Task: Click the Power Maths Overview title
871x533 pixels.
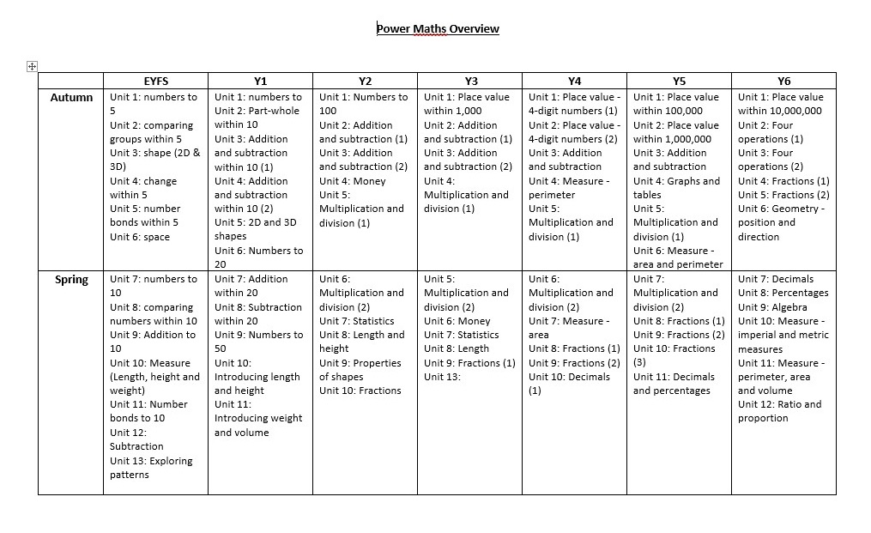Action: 438,28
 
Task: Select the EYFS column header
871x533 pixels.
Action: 155,82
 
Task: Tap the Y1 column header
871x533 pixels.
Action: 260,82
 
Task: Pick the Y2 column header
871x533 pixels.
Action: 365,82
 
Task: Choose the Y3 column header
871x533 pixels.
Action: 470,82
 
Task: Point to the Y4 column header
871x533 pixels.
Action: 574,82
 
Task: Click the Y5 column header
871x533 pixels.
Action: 679,82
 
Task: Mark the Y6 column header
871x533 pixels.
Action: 783,82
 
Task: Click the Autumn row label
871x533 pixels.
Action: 72,98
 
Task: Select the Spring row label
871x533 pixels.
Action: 72,280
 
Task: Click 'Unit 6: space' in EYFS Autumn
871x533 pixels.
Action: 140,237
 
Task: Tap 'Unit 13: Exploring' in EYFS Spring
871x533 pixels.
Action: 151,461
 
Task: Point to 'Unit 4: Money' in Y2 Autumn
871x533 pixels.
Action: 353,181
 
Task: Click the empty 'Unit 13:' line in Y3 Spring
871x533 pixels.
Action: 443,377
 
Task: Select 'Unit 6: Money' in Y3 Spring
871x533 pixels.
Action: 457,321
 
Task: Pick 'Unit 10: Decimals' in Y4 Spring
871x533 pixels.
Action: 570,377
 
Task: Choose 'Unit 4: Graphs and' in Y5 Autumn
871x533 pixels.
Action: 676,181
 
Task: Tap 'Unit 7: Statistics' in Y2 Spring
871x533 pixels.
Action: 357,321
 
